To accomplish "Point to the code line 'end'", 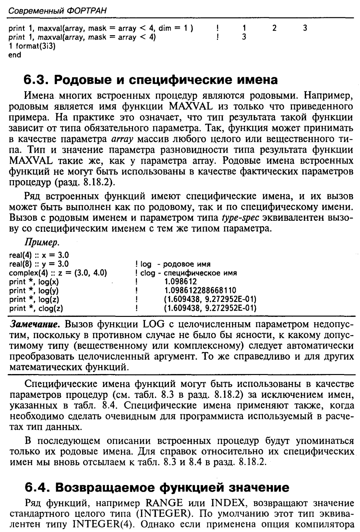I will point(15,55).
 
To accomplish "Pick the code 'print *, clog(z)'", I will point(36,308).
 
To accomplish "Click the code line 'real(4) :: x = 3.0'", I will point(39,256).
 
